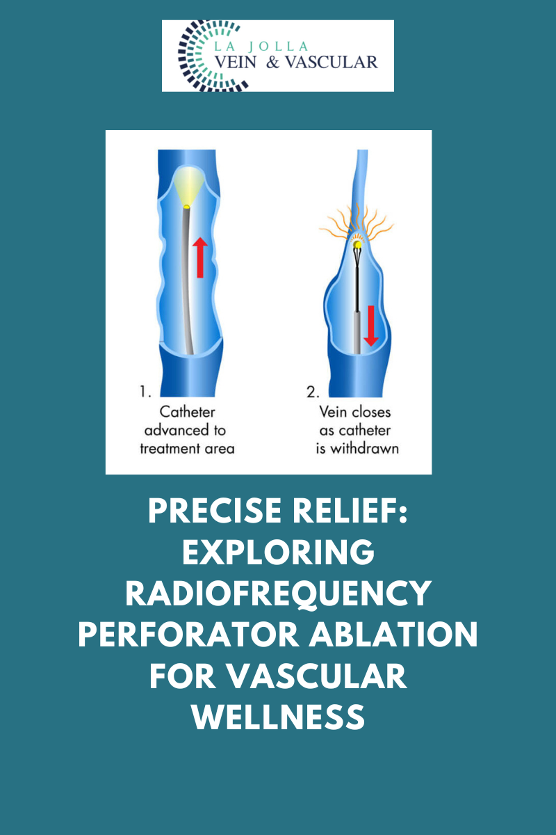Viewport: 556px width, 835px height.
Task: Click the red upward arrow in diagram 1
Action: click(x=200, y=257)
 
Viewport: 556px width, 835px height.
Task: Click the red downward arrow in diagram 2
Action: click(x=371, y=326)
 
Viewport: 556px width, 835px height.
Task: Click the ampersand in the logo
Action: click(x=272, y=62)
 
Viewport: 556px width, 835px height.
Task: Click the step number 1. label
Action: click(x=145, y=391)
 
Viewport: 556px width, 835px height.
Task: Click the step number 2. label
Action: click(x=313, y=392)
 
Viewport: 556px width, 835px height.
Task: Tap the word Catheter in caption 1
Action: click(x=188, y=412)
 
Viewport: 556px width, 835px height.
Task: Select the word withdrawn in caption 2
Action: click(x=365, y=448)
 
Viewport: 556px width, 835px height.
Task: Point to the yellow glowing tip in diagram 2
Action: click(x=357, y=244)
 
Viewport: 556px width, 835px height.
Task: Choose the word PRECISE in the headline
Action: click(x=215, y=511)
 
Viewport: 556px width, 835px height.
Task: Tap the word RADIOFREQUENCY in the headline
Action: click(x=278, y=594)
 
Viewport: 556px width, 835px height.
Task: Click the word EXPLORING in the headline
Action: click(x=278, y=552)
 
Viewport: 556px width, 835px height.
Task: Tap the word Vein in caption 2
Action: click(x=332, y=412)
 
